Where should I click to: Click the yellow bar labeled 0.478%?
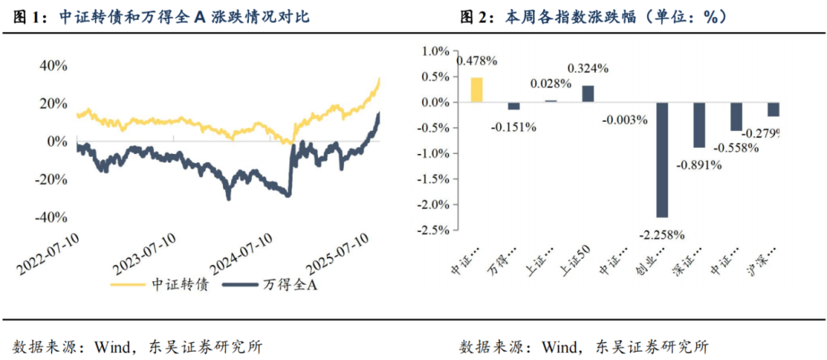coord(476,90)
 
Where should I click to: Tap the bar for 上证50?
coord(587,93)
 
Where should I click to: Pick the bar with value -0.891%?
coord(699,125)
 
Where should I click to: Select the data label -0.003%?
coord(625,119)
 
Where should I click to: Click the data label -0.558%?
coord(736,147)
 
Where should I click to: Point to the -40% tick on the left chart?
coord(51,217)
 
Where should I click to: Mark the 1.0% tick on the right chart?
coord(436,51)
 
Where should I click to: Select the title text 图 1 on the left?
coord(31,16)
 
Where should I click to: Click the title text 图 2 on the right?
coord(478,16)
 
